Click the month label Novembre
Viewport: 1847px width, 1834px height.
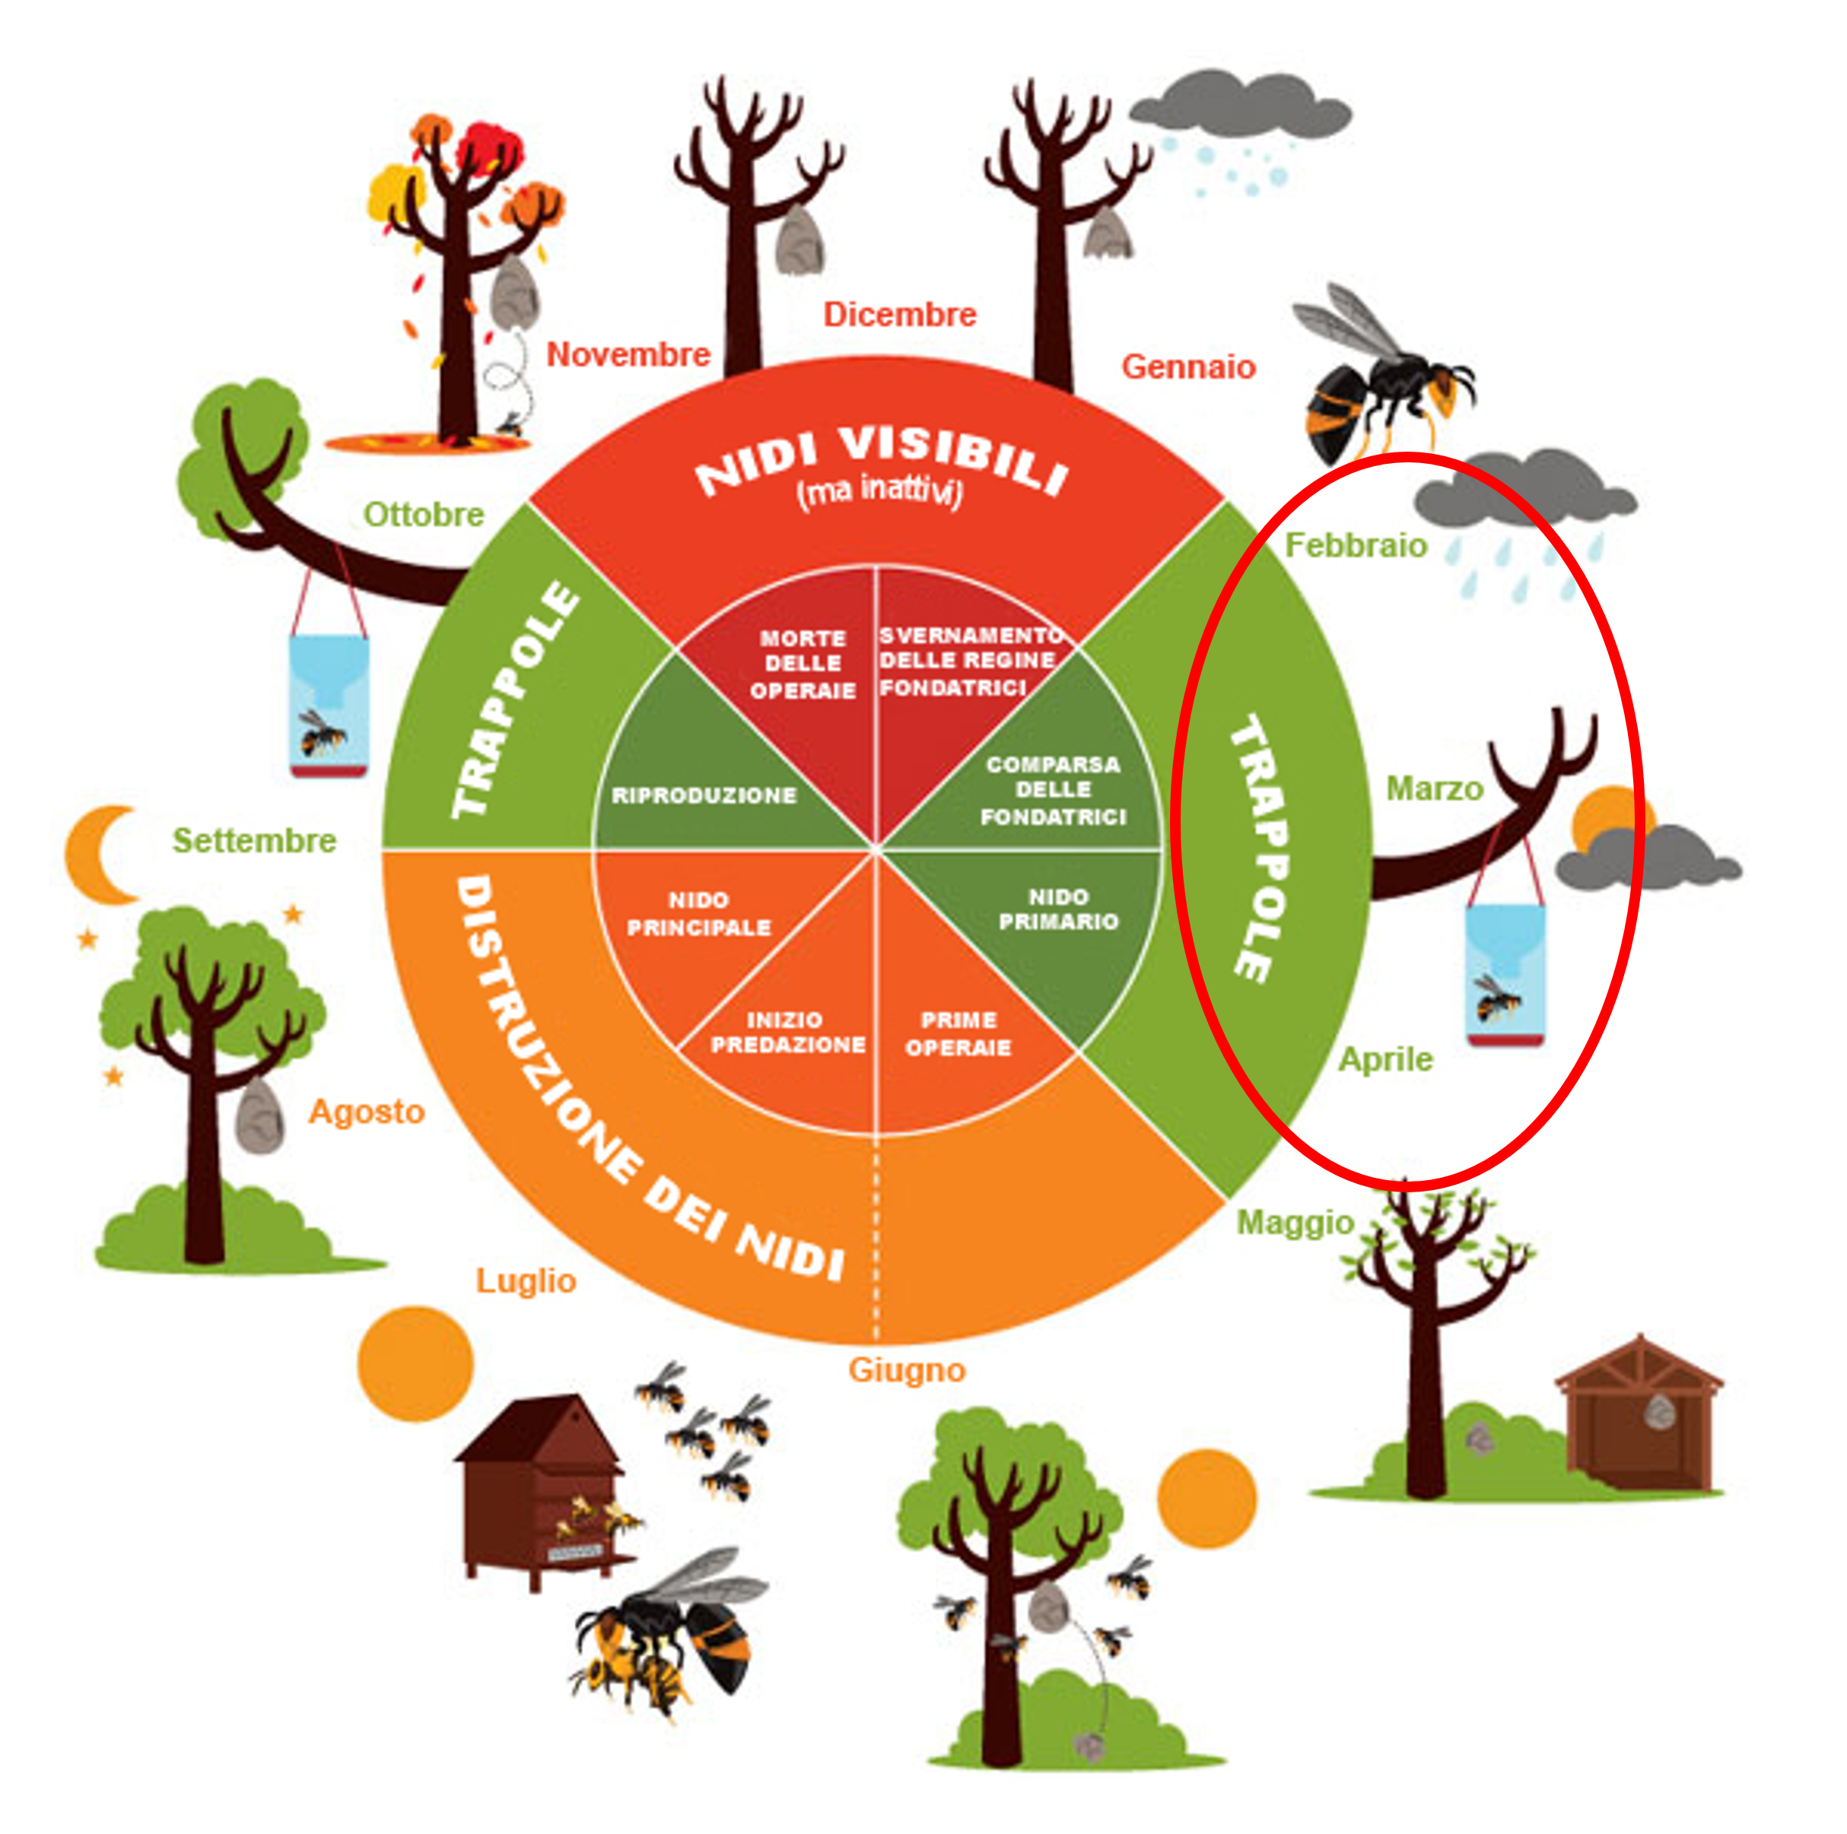pyautogui.click(x=628, y=354)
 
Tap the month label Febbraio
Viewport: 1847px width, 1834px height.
pyautogui.click(x=1355, y=546)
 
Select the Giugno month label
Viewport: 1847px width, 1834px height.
pyautogui.click(x=906, y=1370)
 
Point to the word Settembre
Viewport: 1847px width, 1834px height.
pyautogui.click(x=254, y=841)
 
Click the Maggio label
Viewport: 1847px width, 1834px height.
pyautogui.click(x=1295, y=1223)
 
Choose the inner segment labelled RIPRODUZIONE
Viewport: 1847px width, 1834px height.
pyautogui.click(x=704, y=795)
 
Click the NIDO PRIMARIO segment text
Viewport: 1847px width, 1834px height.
pyautogui.click(x=1058, y=909)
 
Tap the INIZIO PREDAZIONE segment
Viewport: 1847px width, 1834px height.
pyautogui.click(x=787, y=1032)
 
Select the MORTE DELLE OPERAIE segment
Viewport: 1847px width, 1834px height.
pyautogui.click(x=803, y=663)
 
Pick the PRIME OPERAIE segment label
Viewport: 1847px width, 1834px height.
pyautogui.click(x=958, y=1033)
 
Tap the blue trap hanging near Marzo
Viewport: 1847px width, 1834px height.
pyautogui.click(x=1505, y=975)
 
